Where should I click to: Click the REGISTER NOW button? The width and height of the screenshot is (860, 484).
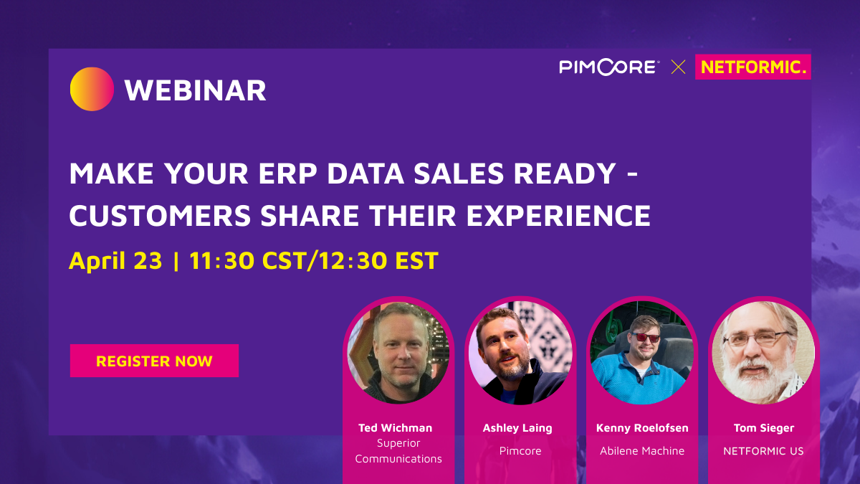(154, 360)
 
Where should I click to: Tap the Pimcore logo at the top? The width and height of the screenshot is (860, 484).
(609, 67)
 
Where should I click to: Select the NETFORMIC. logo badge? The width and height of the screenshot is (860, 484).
(753, 67)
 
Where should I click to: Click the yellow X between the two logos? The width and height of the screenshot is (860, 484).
(678, 67)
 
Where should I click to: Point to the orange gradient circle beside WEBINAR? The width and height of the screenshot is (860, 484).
(92, 89)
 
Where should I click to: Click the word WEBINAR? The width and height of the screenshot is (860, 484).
(196, 90)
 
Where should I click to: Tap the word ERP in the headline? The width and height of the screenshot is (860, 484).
(287, 174)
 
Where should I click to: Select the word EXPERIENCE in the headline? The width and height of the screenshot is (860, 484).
(558, 216)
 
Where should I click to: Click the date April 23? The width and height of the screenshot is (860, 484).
(115, 261)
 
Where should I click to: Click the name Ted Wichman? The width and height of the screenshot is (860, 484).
(395, 428)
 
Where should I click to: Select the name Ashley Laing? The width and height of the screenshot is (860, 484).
(517, 428)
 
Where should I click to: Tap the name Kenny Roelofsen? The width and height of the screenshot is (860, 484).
(642, 428)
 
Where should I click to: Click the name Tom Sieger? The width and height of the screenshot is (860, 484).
(764, 428)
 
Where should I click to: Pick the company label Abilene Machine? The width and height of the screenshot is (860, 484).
(642, 450)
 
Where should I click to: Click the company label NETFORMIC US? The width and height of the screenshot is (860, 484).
(763, 451)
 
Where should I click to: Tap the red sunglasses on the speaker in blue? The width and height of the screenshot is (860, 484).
(646, 338)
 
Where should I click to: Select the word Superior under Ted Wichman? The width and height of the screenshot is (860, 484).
(398, 443)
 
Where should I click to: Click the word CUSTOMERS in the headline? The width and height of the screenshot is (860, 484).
(160, 216)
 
